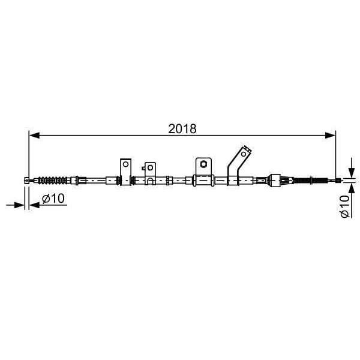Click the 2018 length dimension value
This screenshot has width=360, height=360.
pyautogui.click(x=182, y=128)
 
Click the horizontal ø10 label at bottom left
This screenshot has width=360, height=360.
pyautogui.click(x=53, y=199)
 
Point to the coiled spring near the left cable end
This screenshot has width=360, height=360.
pyautogui.click(x=53, y=179)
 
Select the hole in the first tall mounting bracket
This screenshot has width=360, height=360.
pyautogui.click(x=125, y=163)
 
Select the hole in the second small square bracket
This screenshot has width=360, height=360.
pyautogui.click(x=149, y=167)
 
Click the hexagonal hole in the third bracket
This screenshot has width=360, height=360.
pyautogui.click(x=203, y=163)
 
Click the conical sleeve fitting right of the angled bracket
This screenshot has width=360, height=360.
pyautogui.click(x=274, y=179)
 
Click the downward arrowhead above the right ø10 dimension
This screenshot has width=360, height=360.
pyautogui.click(x=350, y=172)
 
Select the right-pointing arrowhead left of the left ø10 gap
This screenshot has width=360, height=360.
pyautogui.click(x=19, y=205)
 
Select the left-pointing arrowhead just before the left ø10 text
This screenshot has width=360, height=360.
pyautogui.click(x=33, y=205)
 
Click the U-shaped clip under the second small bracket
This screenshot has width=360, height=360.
pyautogui.click(x=149, y=181)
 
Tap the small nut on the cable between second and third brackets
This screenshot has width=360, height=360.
pyautogui.click(x=170, y=179)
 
